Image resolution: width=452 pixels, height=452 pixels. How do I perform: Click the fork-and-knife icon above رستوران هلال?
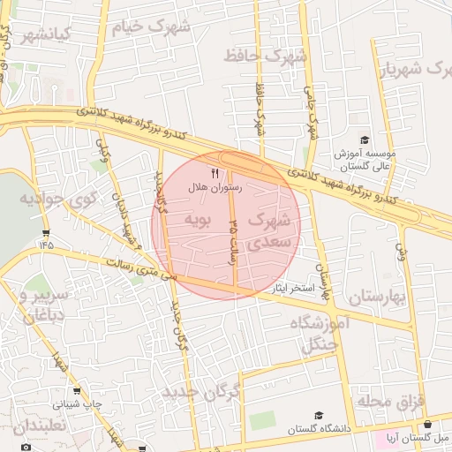click(x=215, y=174)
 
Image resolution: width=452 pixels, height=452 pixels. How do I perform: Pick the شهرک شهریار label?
click(x=422, y=69)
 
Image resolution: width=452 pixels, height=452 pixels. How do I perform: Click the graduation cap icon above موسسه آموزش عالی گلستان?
click(x=364, y=139)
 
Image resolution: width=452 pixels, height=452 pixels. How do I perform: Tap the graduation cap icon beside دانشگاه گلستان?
click(x=318, y=415)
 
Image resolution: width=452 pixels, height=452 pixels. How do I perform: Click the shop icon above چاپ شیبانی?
click(x=77, y=391)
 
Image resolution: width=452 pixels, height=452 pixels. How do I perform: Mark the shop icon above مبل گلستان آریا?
click(x=428, y=425)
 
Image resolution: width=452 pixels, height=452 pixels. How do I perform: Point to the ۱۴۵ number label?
click(x=46, y=243)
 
